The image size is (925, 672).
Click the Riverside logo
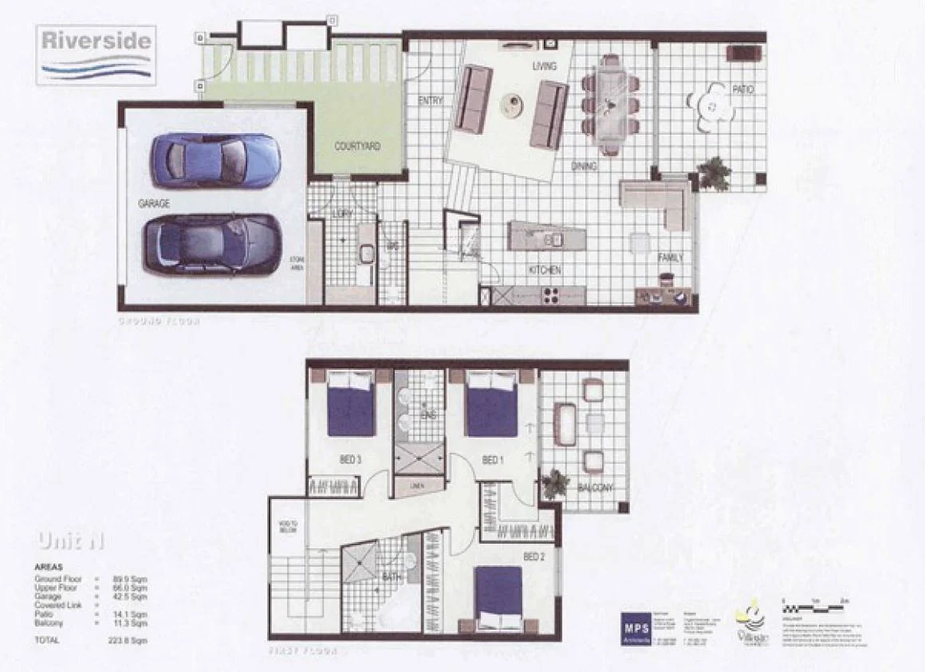[96, 54]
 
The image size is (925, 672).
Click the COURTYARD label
[356, 147]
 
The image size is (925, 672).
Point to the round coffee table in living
[510, 104]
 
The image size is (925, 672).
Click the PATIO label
[742, 90]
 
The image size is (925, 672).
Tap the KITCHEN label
[545, 270]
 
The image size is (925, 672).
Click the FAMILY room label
[670, 258]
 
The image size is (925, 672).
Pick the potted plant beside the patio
[714, 173]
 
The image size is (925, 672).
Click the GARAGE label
[153, 204]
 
